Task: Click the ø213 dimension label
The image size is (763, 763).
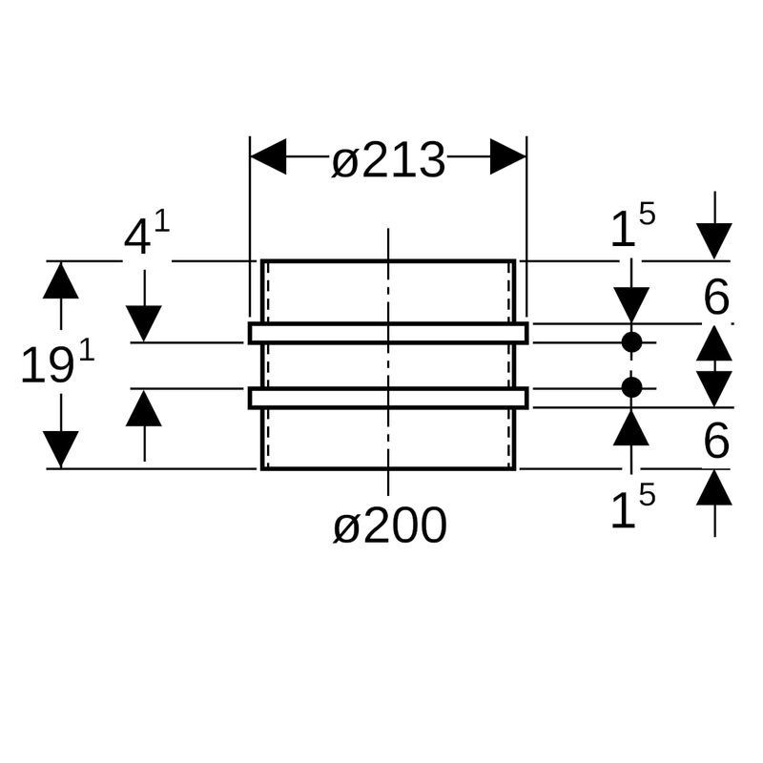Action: (388, 161)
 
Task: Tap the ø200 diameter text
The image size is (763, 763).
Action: (389, 526)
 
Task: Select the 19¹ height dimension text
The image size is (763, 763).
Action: (58, 364)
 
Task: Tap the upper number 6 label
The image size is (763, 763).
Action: (715, 299)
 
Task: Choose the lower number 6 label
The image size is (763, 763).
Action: (715, 441)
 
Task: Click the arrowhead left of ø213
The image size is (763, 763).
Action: (268, 156)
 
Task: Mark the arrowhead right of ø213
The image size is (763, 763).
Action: (508, 156)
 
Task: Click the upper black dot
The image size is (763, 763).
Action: (631, 341)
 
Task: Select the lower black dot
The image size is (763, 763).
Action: (631, 387)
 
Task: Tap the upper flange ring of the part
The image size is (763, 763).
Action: (388, 332)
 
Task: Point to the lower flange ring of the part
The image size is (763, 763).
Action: (388, 398)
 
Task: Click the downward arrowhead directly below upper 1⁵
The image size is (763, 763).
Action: (631, 304)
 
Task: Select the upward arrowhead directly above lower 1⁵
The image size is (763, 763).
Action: (631, 426)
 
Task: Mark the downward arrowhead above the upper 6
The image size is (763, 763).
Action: (714, 240)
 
